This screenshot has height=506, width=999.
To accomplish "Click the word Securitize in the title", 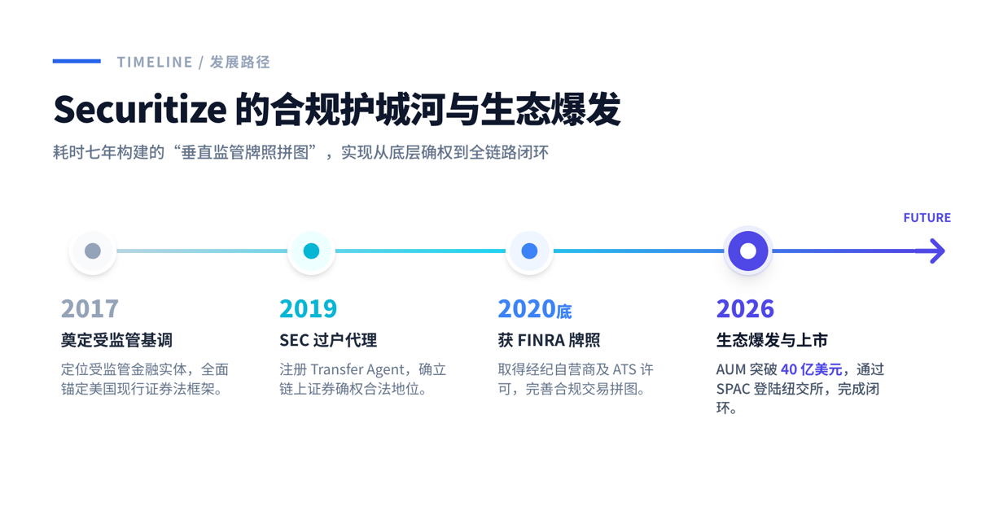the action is (x=140, y=110).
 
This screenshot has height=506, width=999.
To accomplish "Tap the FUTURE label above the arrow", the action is (x=927, y=218).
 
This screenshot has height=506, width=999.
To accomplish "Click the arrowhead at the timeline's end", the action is (x=935, y=251).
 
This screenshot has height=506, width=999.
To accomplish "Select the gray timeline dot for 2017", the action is (x=93, y=251).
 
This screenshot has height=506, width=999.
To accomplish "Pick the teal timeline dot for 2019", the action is (x=311, y=251).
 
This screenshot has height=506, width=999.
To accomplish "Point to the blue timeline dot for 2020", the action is (x=529, y=251).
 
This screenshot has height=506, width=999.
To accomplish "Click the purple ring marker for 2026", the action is (x=748, y=251).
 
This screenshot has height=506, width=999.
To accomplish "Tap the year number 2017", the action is (x=90, y=308).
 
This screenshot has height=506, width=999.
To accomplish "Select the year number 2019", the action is (x=309, y=308).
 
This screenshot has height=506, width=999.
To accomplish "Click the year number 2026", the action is (x=745, y=308).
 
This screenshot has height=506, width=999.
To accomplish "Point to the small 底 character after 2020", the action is (x=564, y=312).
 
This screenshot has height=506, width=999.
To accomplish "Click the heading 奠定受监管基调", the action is (x=117, y=340).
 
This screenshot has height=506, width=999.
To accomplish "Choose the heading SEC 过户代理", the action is (x=328, y=340).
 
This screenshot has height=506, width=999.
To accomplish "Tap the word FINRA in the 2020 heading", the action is (x=541, y=341).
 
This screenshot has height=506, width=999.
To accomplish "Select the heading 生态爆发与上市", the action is (x=772, y=340).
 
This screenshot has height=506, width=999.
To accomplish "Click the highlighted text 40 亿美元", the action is (x=811, y=369).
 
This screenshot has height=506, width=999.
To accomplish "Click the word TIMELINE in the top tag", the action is (x=155, y=63).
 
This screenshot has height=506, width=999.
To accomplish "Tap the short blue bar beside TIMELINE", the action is (x=77, y=61).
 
